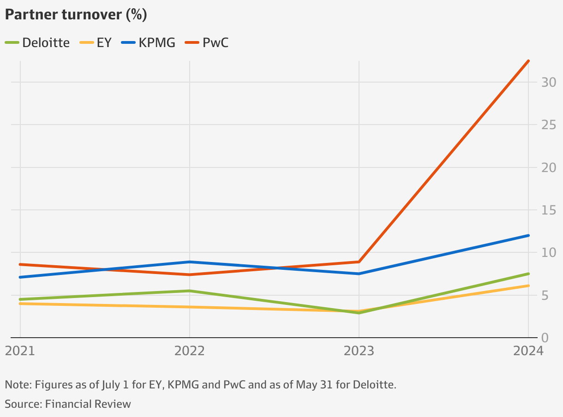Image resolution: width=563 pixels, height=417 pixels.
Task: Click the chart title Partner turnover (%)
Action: pyautogui.click(x=76, y=15)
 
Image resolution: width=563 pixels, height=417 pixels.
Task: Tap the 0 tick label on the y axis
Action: pyautogui.click(x=545, y=337)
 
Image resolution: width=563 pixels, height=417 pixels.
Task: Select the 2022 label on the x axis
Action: pyautogui.click(x=189, y=351)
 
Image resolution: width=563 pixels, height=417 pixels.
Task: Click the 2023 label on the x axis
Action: pyautogui.click(x=359, y=351)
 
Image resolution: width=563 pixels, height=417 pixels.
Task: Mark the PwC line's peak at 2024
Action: pyautogui.click(x=528, y=61)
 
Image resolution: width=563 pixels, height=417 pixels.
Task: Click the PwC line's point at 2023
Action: pyautogui.click(x=359, y=262)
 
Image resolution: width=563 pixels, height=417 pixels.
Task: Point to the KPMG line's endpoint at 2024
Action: pyautogui.click(x=528, y=235)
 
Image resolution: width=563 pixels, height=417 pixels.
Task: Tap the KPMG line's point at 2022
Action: pyautogui.click(x=190, y=262)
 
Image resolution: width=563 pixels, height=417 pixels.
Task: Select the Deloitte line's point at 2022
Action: pyautogui.click(x=190, y=291)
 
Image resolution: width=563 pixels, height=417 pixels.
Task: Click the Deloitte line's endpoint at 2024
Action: pyautogui.click(x=528, y=274)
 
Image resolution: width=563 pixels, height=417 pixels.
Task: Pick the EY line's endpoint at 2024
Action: pyautogui.click(x=528, y=286)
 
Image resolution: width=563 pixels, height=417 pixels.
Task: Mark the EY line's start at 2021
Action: pyautogui.click(x=20, y=304)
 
